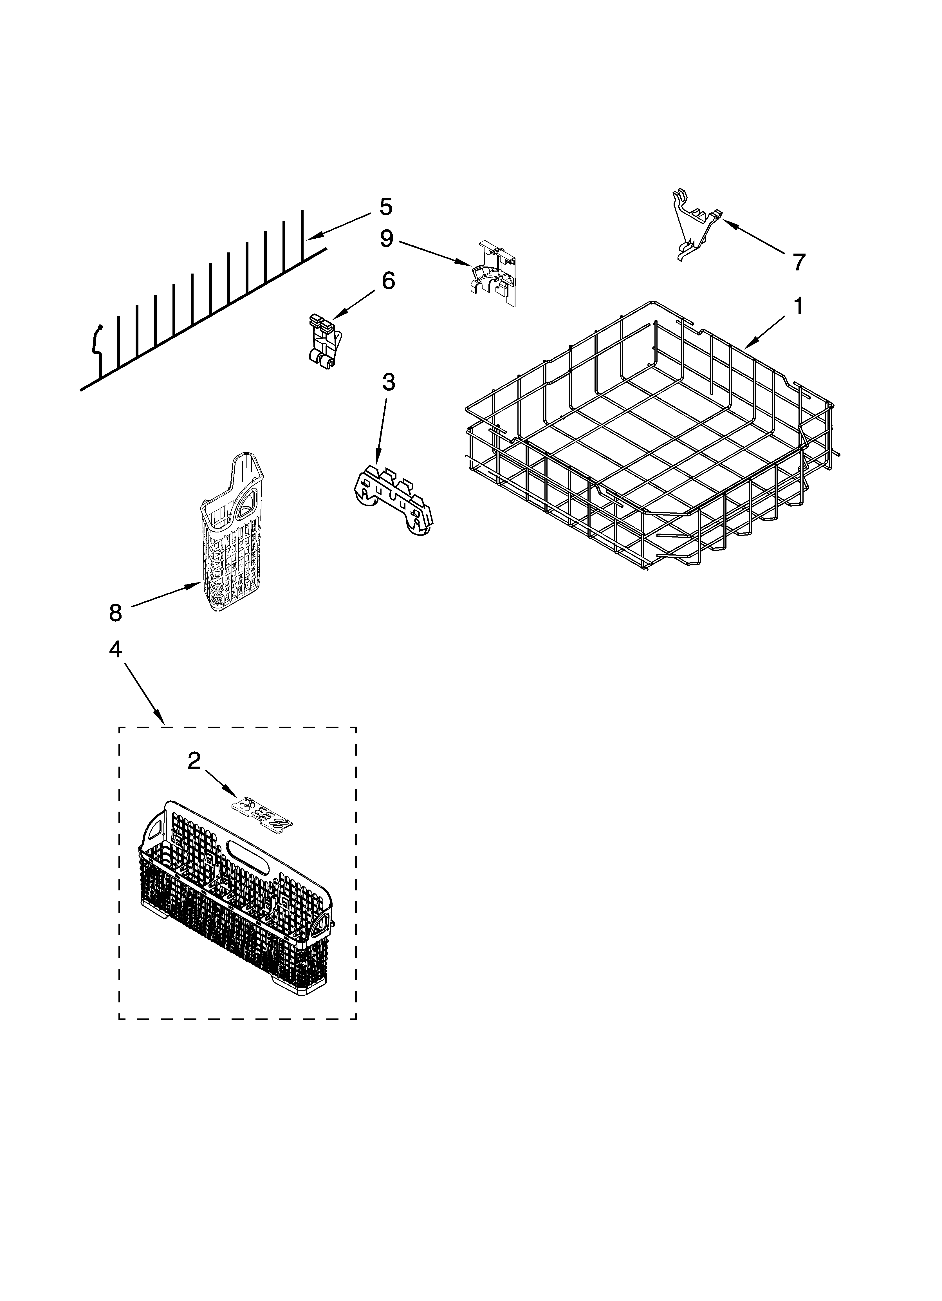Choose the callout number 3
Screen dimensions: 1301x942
[x=388, y=382]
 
